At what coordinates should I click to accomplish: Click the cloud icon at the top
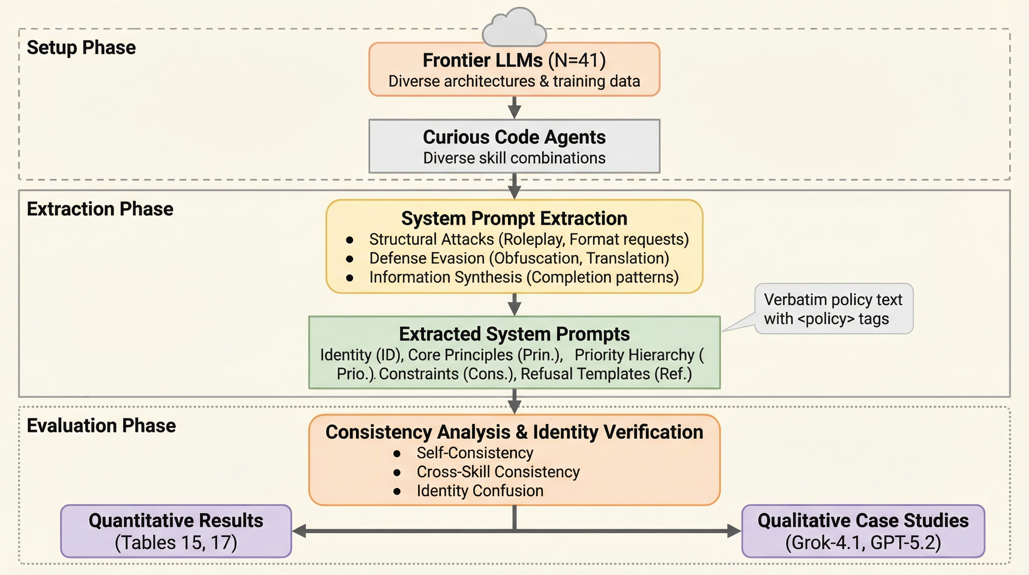(514, 27)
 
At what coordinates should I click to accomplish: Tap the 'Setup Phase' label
(81, 48)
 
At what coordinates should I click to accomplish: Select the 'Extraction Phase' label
(100, 209)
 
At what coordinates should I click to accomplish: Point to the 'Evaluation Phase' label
(101, 426)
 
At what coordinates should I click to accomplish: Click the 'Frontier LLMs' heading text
(483, 60)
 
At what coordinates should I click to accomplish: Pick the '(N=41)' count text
(577, 60)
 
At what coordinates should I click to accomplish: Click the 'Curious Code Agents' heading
(514, 137)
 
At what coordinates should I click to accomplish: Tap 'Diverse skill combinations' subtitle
(514, 158)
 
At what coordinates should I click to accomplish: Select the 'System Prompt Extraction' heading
(514, 219)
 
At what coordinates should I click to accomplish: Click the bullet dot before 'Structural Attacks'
(350, 240)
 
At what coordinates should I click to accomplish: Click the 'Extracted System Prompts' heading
(514, 334)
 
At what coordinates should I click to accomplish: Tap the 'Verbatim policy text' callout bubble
(833, 309)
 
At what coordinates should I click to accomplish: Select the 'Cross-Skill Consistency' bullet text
(498, 472)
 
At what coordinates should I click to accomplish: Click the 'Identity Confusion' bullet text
(480, 491)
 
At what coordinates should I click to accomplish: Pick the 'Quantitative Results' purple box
(176, 531)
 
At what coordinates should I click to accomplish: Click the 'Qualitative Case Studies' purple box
(863, 531)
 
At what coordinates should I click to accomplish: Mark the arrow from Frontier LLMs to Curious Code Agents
(514, 107)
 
